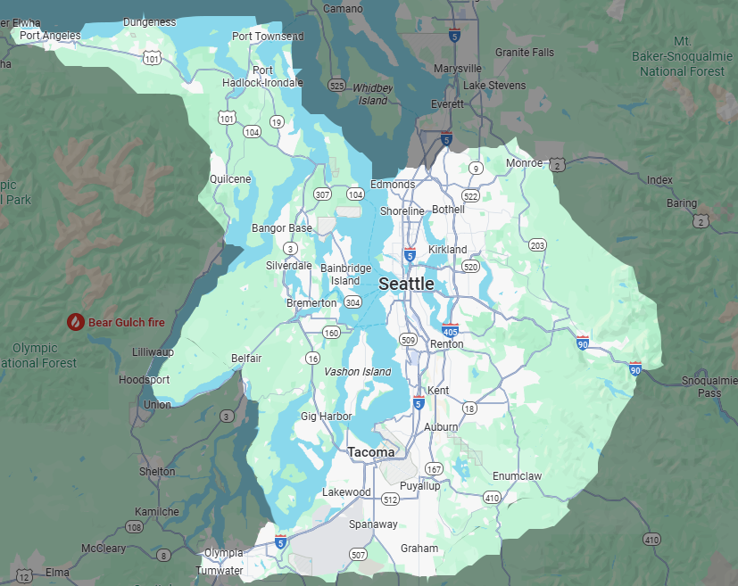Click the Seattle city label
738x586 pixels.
click(406, 284)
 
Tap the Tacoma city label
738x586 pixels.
click(371, 452)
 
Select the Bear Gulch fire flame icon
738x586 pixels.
click(77, 322)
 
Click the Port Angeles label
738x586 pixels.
click(50, 36)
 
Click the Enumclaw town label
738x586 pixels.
click(517, 476)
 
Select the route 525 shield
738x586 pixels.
click(336, 86)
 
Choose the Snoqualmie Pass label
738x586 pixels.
click(709, 386)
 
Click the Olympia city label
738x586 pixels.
click(223, 553)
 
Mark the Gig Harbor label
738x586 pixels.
click(321, 417)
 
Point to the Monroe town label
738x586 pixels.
click(524, 163)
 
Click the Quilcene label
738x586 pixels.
click(230, 178)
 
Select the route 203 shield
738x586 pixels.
click(537, 245)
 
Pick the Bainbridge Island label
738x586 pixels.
click(345, 274)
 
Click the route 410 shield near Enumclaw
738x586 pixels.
click(492, 497)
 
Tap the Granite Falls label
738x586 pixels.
click(524, 52)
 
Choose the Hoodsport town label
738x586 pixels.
click(144, 379)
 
